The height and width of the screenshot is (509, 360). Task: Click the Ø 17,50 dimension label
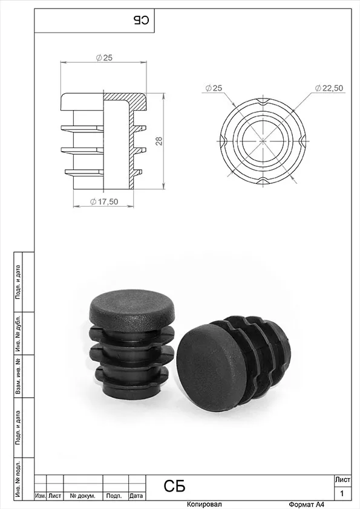[x=104, y=201]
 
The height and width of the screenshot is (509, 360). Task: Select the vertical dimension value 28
[x=159, y=141]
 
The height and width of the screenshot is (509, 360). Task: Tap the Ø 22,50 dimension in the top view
[x=329, y=88]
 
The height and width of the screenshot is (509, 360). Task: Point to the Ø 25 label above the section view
[x=104, y=58]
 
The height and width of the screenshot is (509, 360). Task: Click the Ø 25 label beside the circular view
[x=214, y=88]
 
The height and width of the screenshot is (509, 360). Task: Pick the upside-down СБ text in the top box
[x=141, y=21]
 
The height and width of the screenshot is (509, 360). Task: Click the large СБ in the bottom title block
[x=174, y=486]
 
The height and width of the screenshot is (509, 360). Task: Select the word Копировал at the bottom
[x=205, y=504]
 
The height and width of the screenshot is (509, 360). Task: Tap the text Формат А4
[x=306, y=504]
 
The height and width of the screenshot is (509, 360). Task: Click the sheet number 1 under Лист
[x=342, y=494]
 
